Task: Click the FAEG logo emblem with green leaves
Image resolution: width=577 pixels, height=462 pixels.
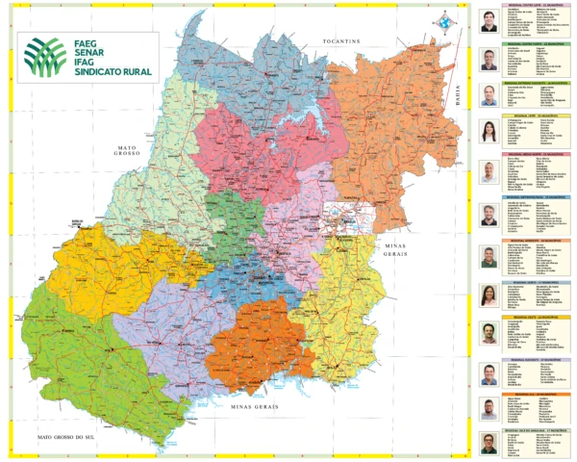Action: pos(45,56)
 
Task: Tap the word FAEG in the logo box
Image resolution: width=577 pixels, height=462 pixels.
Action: pos(88,40)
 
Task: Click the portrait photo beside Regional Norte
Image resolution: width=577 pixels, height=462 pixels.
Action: pos(489,293)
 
